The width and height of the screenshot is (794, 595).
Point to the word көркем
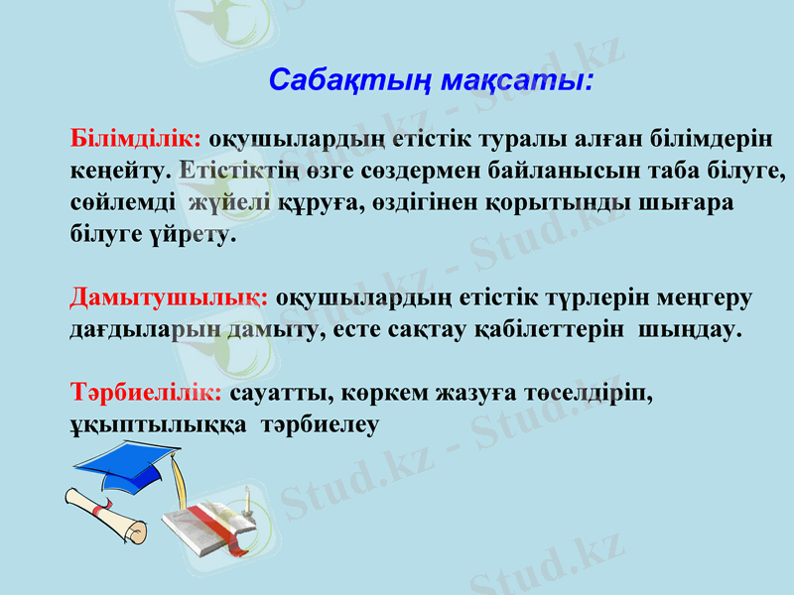374,393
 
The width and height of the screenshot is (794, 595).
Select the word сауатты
274,393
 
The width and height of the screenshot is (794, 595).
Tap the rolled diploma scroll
103,516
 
